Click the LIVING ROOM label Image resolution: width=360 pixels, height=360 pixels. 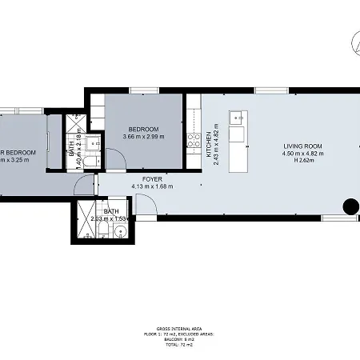tap(300, 146)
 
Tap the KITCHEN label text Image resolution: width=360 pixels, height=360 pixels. tap(207, 144)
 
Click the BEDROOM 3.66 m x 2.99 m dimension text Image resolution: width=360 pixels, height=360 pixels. tap(143, 137)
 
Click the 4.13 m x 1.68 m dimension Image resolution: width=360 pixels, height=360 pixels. tap(153, 186)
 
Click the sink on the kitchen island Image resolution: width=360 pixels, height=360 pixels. tap(236, 118)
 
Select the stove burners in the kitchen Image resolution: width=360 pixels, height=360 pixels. tap(192, 142)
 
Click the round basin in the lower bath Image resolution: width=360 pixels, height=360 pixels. tap(120, 233)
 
